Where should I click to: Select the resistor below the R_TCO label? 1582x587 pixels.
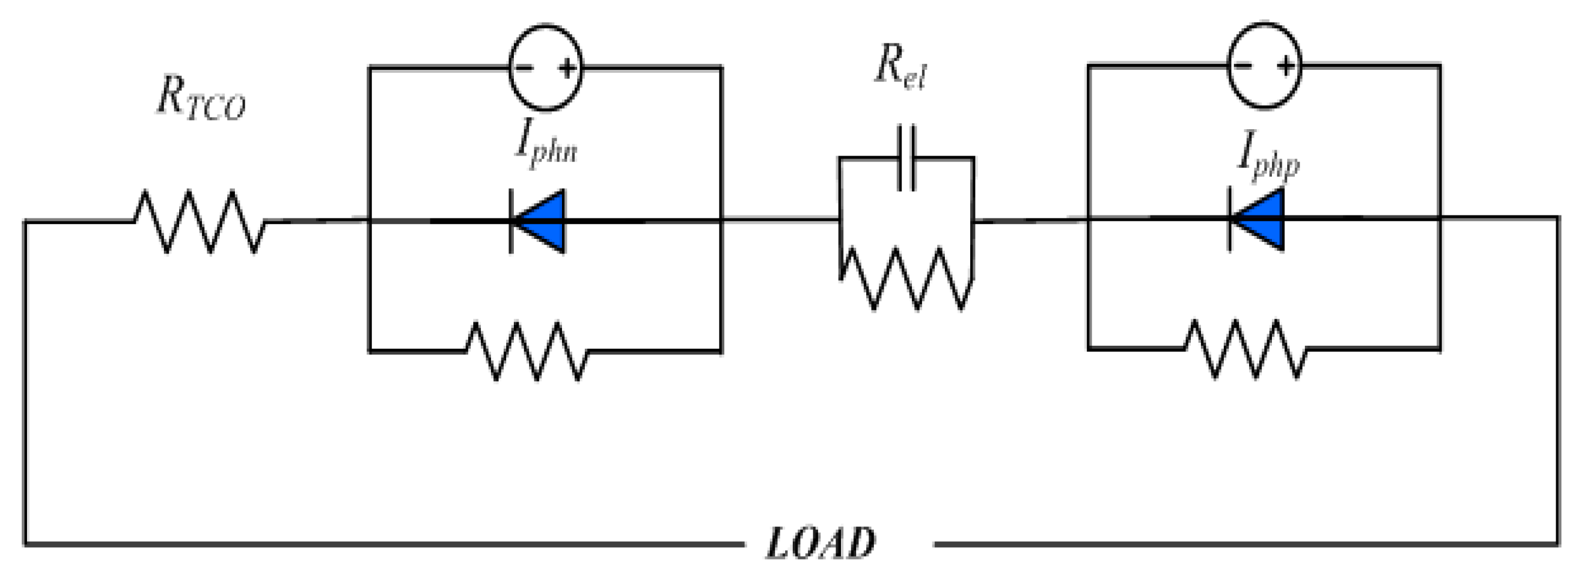coord(200,221)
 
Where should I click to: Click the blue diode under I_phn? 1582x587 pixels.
coord(537,221)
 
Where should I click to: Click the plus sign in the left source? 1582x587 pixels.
coord(567,68)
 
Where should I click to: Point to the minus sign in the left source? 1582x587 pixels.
coord(523,67)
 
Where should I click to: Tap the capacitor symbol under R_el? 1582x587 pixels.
coord(907,158)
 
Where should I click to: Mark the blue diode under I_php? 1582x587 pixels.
coord(1257,218)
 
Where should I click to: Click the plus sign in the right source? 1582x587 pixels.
coord(1286,65)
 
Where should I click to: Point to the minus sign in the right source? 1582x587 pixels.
coord(1243,65)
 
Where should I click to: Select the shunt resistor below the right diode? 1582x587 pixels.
coord(1246,349)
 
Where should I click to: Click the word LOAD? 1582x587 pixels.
coord(820,543)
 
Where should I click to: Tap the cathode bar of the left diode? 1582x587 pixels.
coord(511,221)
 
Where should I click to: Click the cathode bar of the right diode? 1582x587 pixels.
coord(1230,218)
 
